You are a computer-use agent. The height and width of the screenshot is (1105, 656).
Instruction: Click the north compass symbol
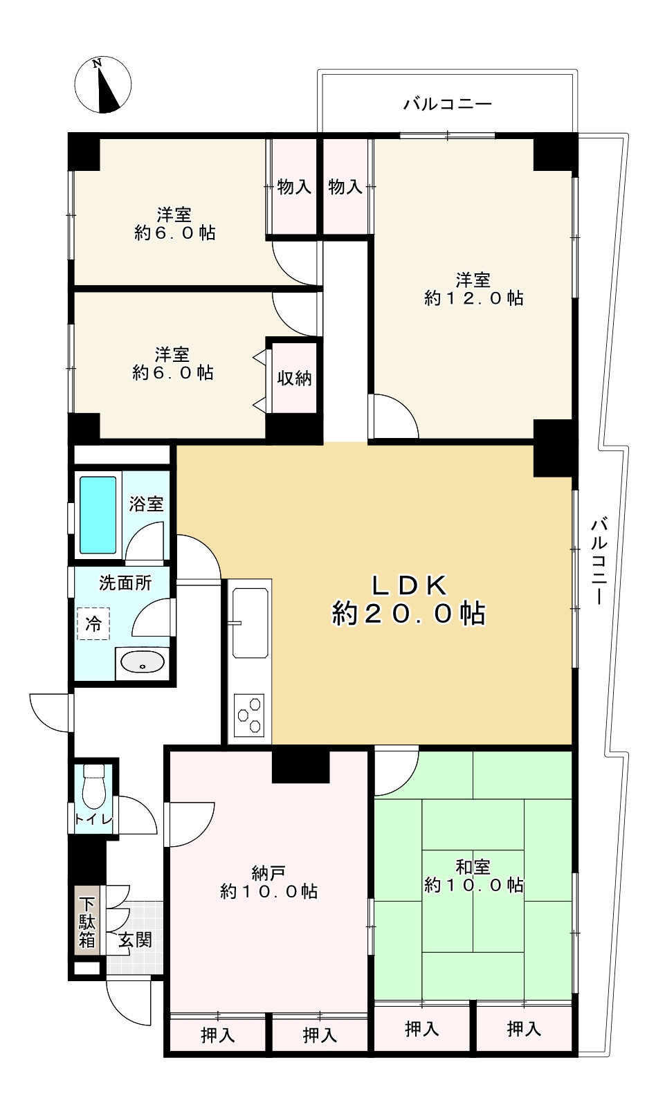coord(102,85)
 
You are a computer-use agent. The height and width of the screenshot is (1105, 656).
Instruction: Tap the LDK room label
coord(409,600)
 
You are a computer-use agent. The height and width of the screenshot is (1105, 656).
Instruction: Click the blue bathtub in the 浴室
coord(98,515)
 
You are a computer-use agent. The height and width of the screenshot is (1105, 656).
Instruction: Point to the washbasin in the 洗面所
coord(142,662)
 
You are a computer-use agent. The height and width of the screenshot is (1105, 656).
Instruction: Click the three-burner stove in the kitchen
coord(249,715)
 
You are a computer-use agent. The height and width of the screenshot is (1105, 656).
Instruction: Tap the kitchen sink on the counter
coord(250,623)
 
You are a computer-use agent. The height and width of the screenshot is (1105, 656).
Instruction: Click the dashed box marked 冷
coord(93,624)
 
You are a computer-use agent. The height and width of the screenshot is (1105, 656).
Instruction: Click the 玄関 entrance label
coord(135,940)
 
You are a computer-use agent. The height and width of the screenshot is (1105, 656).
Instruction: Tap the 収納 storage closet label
coord(295,378)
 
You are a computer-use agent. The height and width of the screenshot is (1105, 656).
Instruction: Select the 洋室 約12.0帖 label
coord(473,289)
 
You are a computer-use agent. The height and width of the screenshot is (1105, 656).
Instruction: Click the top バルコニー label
coord(448,104)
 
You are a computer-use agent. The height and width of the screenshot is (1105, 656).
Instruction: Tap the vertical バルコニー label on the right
coord(600,561)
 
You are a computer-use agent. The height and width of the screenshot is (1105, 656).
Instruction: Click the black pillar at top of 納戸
coord(301,766)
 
